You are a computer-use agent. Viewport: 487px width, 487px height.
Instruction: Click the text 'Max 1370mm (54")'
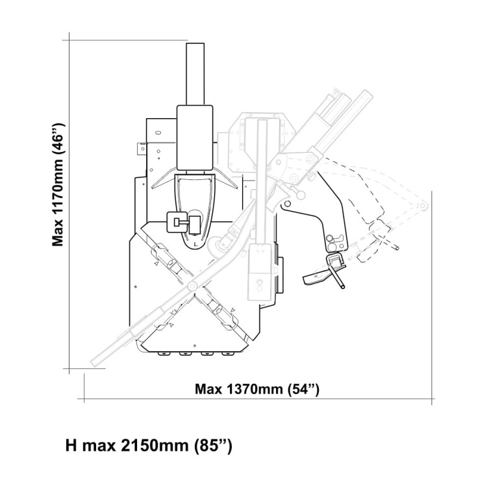[x=257, y=390]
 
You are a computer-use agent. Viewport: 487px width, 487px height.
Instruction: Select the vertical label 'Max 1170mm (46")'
[x=59, y=184]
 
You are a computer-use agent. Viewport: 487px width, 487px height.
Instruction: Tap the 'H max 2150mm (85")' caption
[x=149, y=447]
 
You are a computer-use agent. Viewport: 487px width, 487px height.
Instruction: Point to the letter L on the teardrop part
[x=195, y=243]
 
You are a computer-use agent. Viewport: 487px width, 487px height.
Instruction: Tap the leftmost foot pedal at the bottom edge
[x=162, y=355]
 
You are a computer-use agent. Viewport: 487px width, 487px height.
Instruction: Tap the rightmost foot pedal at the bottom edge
[x=227, y=355]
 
